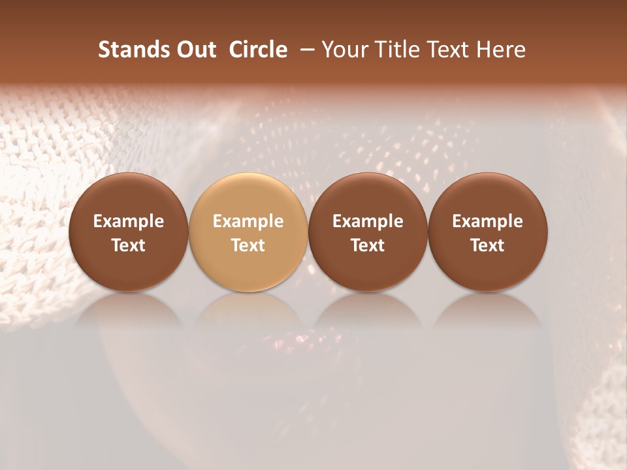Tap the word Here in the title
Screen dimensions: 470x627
point(502,50)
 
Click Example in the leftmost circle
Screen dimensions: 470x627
point(129,221)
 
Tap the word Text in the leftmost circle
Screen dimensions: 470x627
point(129,245)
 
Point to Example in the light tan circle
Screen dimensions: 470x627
point(248,221)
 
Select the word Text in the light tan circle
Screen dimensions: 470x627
point(248,245)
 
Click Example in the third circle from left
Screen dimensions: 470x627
point(368,221)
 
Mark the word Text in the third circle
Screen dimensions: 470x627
point(368,245)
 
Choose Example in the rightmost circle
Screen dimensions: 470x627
point(487,221)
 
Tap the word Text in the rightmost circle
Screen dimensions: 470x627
point(487,245)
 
